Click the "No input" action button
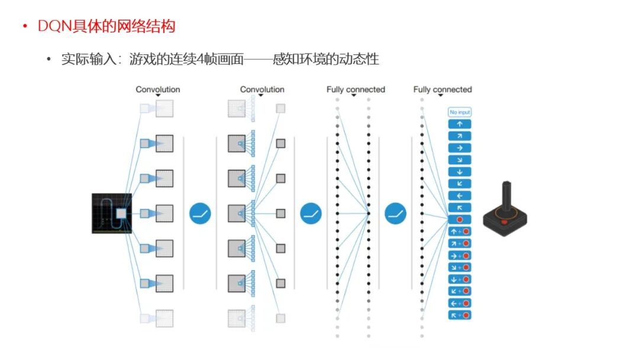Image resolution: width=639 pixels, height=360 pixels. (x=460, y=112)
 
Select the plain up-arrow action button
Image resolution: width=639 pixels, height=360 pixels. (x=460, y=124)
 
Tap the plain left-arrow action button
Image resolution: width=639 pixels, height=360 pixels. (x=460, y=195)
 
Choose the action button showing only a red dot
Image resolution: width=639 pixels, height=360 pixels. (x=460, y=219)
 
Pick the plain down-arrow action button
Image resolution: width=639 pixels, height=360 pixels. (x=460, y=172)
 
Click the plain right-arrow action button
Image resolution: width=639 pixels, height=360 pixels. (x=460, y=148)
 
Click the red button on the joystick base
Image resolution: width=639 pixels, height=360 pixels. (x=504, y=222)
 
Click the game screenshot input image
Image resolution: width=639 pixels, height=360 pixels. (x=111, y=213)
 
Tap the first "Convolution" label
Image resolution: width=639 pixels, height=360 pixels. (x=158, y=89)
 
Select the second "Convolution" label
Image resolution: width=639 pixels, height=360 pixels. (x=262, y=89)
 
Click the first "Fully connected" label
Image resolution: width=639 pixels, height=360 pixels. (x=356, y=89)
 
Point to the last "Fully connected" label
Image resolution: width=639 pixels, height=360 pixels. (x=443, y=89)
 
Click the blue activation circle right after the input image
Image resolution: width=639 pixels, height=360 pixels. (x=201, y=213)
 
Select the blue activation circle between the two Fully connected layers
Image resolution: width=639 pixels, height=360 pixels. (x=395, y=213)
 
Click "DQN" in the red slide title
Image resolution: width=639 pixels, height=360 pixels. (x=52, y=26)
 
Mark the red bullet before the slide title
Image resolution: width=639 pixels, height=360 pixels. (x=25, y=27)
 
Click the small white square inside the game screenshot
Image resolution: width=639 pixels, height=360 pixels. (x=121, y=213)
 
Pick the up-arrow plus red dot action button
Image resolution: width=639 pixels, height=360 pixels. (x=460, y=231)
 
